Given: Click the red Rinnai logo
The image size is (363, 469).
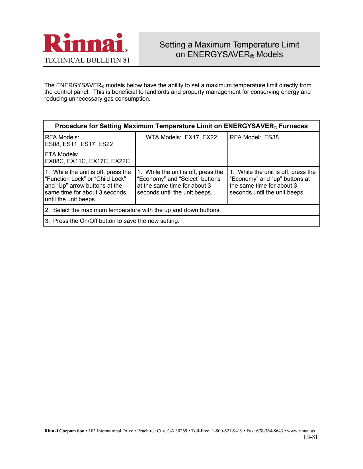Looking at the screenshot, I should click(x=84, y=43).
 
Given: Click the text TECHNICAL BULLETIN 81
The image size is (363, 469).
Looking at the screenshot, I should click(x=87, y=60).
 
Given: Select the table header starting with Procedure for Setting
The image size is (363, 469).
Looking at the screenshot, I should click(x=181, y=126).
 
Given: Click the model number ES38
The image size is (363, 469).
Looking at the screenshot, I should click(x=271, y=137).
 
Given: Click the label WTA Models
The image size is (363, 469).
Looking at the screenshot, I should click(x=163, y=137).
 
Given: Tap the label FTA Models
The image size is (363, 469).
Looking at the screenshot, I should click(x=61, y=154).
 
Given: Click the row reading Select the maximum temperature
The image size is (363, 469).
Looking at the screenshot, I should click(x=133, y=210).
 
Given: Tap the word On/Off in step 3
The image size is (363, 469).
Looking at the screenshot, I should click(x=89, y=221).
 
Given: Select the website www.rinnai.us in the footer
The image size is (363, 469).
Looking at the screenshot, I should click(x=301, y=431).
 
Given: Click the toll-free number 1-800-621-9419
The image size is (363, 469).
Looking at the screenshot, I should click(x=227, y=431).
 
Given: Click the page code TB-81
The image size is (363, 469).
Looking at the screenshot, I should click(x=310, y=437).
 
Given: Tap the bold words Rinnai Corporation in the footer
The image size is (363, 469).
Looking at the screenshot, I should click(x=64, y=431).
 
